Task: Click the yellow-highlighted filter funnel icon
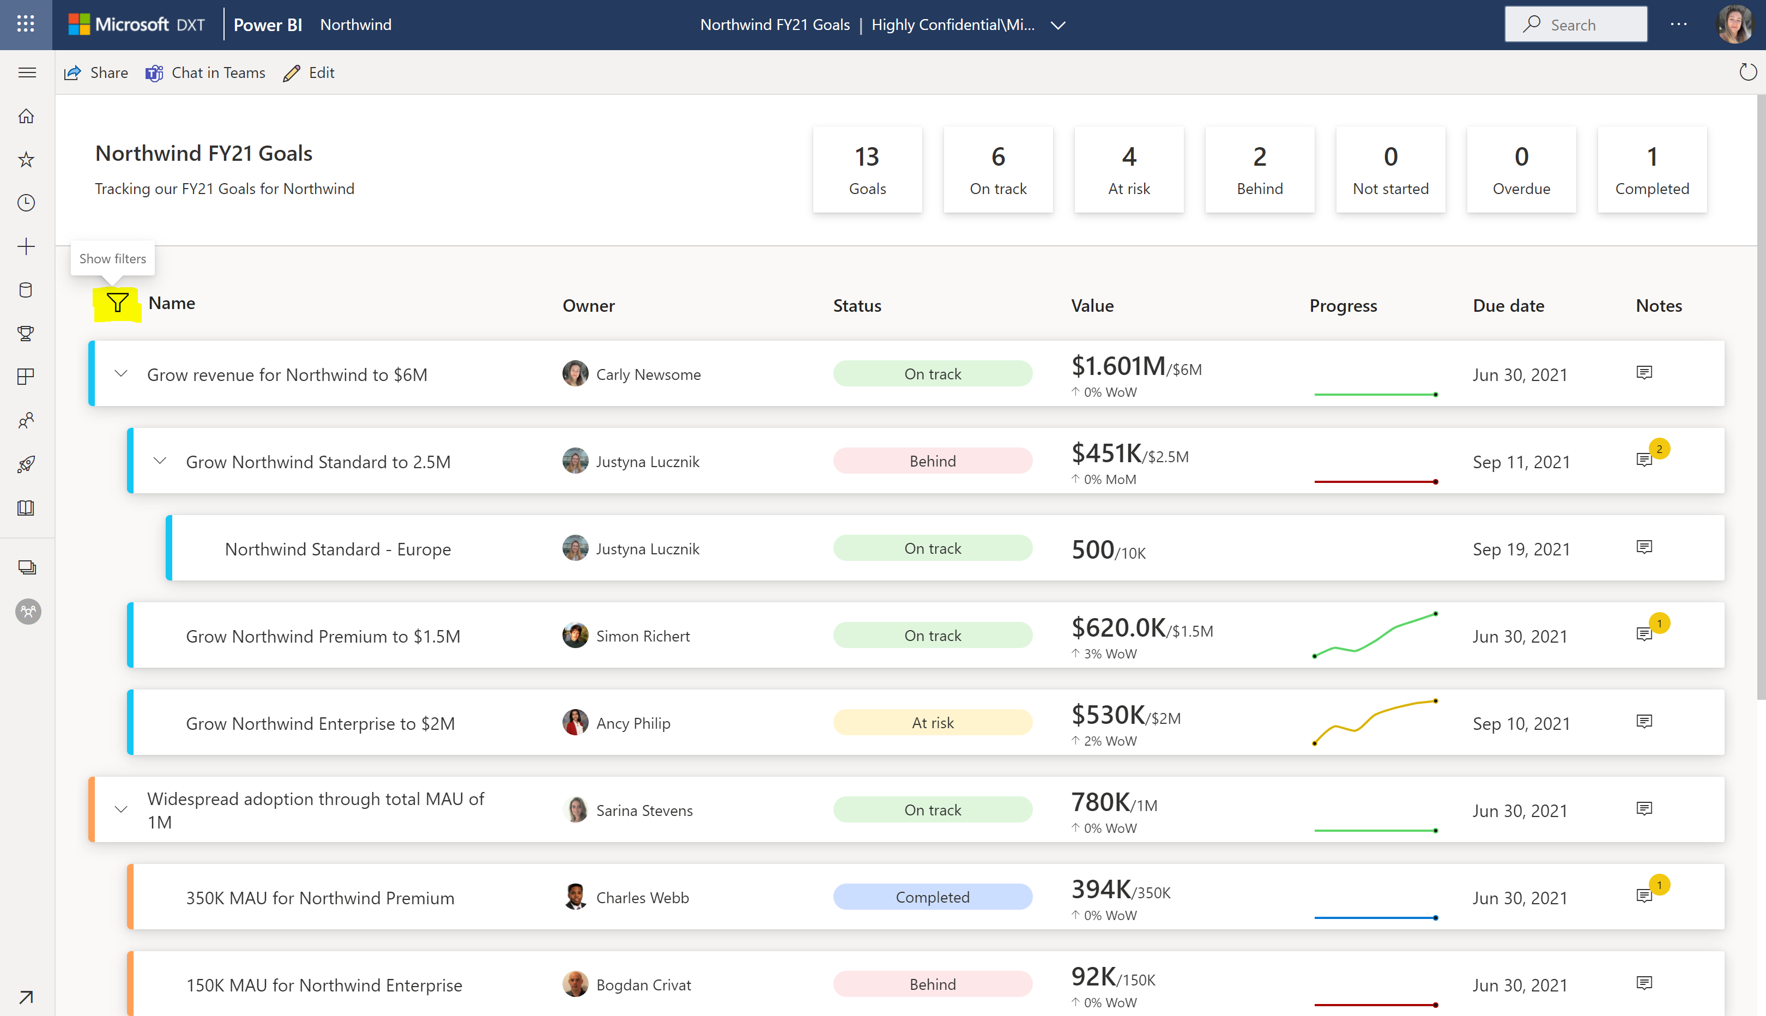pyautogui.click(x=117, y=303)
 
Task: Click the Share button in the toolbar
pyautogui.click(x=96, y=72)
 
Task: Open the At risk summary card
pyautogui.click(x=1128, y=170)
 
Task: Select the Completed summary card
pyautogui.click(x=1651, y=170)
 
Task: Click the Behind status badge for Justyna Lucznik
pyautogui.click(x=932, y=461)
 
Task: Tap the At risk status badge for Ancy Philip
pyautogui.click(x=932, y=723)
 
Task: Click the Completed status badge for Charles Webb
pyautogui.click(x=932, y=897)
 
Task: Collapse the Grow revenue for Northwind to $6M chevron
pyautogui.click(x=120, y=374)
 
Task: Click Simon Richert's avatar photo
pyautogui.click(x=575, y=636)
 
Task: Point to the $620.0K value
pyautogui.click(x=1118, y=628)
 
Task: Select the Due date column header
pyautogui.click(x=1508, y=306)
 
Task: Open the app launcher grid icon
pyautogui.click(x=26, y=25)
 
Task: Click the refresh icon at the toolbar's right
pyautogui.click(x=1746, y=72)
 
